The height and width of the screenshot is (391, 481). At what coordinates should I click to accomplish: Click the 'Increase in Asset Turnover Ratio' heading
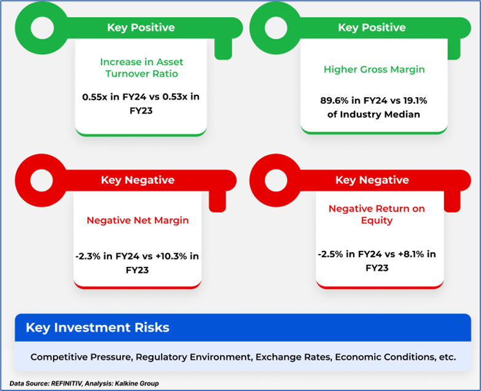[x=141, y=68]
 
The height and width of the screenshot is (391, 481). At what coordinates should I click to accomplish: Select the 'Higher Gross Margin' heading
[x=374, y=69]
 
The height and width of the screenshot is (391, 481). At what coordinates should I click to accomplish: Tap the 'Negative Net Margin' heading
[x=138, y=220]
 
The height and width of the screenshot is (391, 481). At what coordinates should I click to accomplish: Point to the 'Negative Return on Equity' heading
[x=377, y=214]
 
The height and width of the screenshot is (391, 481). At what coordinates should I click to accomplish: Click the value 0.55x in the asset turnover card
[x=95, y=97]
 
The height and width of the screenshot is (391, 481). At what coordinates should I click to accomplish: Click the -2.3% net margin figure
[x=88, y=256]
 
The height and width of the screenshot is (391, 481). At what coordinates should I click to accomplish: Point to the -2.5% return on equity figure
[x=330, y=255]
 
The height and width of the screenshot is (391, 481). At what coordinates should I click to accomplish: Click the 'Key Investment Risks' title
[x=98, y=328]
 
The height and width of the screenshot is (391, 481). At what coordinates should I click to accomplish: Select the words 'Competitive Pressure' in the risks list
[x=82, y=357]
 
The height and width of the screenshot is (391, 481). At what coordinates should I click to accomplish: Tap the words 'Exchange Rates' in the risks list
[x=294, y=357]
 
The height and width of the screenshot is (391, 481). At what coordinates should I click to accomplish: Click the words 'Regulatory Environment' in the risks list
[x=194, y=357]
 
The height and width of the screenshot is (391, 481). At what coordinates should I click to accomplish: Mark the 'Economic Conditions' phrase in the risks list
[x=386, y=357]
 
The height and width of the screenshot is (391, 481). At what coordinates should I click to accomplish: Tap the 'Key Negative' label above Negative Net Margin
[x=138, y=180]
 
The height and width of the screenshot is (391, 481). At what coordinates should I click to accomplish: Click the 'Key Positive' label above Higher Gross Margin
[x=372, y=28]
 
